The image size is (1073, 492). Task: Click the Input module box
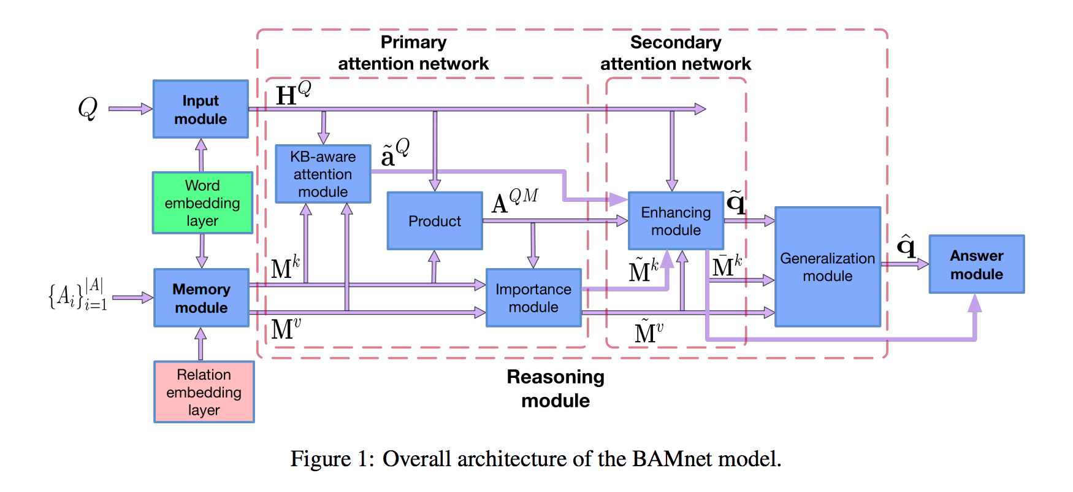[x=200, y=109]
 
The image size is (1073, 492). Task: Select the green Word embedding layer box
[x=202, y=202]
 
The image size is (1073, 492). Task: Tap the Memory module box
[x=201, y=298]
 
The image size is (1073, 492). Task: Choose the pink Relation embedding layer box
[x=204, y=392]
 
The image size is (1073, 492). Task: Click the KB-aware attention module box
[x=323, y=174]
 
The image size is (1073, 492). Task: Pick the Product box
[x=435, y=221]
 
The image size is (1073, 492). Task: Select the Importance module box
[x=533, y=298]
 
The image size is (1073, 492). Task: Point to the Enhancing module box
[x=676, y=221]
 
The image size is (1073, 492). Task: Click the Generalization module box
[x=827, y=267]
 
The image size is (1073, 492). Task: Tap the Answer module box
[x=976, y=264]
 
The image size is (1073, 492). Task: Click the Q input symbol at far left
[x=88, y=109]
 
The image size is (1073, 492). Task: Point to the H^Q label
[x=292, y=94]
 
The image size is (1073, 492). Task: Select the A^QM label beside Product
[x=514, y=201]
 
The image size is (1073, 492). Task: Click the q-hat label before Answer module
[x=906, y=246]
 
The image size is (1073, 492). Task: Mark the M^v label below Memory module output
[x=286, y=329]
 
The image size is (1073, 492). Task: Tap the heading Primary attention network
[x=413, y=53]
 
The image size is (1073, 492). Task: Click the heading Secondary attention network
[x=675, y=53]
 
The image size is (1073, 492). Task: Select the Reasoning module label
[x=556, y=388]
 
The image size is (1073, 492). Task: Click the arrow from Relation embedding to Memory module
[x=200, y=344]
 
